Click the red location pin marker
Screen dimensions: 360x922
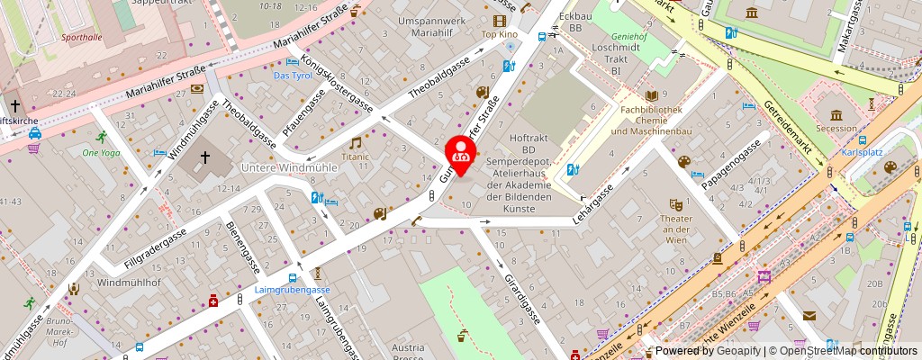click(461, 150)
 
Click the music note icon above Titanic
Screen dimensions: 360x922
click(355, 142)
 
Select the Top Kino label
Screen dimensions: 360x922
click(500, 34)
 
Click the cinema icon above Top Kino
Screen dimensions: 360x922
click(499, 20)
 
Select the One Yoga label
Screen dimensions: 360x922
click(101, 152)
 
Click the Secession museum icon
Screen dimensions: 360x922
click(837, 114)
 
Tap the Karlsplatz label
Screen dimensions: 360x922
click(862, 151)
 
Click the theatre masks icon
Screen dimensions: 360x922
click(676, 205)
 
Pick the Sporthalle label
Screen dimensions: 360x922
click(82, 38)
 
